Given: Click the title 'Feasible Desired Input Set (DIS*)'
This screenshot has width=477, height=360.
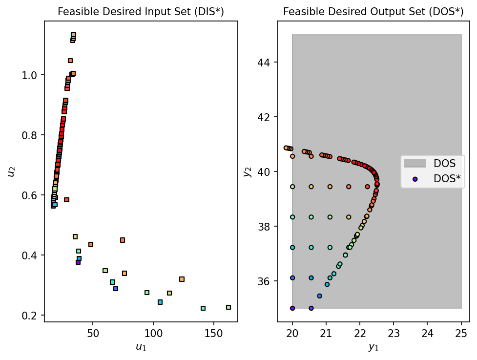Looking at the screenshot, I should click(x=141, y=12).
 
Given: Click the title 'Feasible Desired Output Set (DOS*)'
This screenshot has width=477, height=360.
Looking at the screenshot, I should click(x=373, y=12).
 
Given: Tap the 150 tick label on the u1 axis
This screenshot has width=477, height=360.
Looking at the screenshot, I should click(x=213, y=333).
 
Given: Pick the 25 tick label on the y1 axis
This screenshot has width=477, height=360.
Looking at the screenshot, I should click(x=461, y=333).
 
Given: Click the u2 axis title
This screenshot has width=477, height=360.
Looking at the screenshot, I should click(x=11, y=171).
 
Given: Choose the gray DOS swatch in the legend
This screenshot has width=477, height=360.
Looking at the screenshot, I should click(x=415, y=163).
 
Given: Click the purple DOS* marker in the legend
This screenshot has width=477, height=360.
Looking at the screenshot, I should click(x=415, y=179).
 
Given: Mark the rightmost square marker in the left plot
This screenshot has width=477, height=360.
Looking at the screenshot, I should click(x=228, y=307).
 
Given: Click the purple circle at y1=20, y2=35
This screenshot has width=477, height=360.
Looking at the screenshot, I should click(x=292, y=308).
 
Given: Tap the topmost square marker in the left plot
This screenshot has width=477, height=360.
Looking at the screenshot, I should click(x=73, y=35).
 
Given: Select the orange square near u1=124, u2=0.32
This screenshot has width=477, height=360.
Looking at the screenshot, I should click(x=182, y=279).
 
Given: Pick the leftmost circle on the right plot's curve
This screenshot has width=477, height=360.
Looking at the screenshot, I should click(x=286, y=148).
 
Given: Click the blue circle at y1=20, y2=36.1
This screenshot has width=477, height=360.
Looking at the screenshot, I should click(x=292, y=278).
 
